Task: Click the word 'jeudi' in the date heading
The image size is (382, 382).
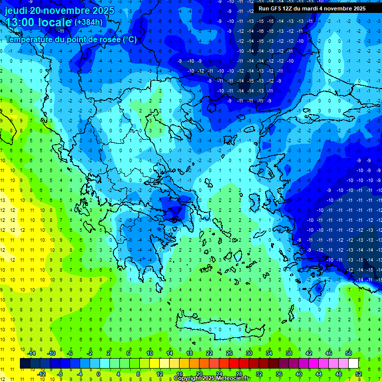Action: click(15, 10)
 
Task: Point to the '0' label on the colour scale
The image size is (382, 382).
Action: click(98, 374)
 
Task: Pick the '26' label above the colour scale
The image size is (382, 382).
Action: click(229, 353)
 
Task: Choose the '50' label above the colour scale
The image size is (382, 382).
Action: click(349, 353)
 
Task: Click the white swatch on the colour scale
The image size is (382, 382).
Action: click(354, 364)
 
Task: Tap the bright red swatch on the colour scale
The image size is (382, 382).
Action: click(234, 364)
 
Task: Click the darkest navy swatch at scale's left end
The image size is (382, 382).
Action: click(25, 364)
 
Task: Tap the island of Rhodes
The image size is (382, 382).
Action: click(319, 287)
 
